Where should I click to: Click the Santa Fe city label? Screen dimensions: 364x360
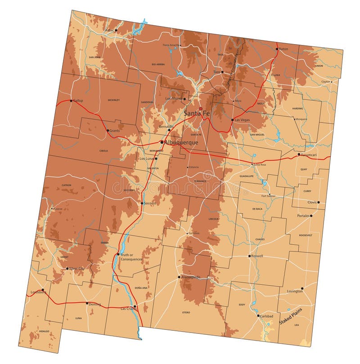pyautogui.click(x=197, y=114)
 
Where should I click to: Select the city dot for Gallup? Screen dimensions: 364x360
pyautogui.click(x=71, y=101)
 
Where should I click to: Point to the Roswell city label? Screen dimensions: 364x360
pyautogui.click(x=257, y=256)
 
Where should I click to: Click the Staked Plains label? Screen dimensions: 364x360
pyautogui.click(x=291, y=316)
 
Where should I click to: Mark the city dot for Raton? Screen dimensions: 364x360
pyautogui.click(x=277, y=49)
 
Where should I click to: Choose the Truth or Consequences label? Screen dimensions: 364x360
pyautogui.click(x=131, y=257)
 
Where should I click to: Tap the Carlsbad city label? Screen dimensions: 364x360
pyautogui.click(x=266, y=316)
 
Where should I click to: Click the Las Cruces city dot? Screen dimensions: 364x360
pyautogui.click(x=135, y=306)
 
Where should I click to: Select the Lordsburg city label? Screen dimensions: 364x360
pyautogui.click(x=39, y=292)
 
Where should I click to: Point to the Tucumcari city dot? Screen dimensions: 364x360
pyautogui.click(x=299, y=155)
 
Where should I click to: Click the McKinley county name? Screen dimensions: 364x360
pyautogui.click(x=114, y=100)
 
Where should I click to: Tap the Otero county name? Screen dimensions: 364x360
pyautogui.click(x=186, y=312)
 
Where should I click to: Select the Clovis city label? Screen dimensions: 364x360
pyautogui.click(x=312, y=202)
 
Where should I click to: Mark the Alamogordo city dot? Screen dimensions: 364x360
pyautogui.click(x=179, y=277)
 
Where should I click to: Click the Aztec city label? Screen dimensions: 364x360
pyautogui.click(x=109, y=30)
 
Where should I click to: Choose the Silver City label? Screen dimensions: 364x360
pyautogui.click(x=76, y=269)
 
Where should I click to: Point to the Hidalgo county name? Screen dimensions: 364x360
pyautogui.click(x=44, y=331)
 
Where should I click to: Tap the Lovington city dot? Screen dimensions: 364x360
pyautogui.click(x=302, y=288)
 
